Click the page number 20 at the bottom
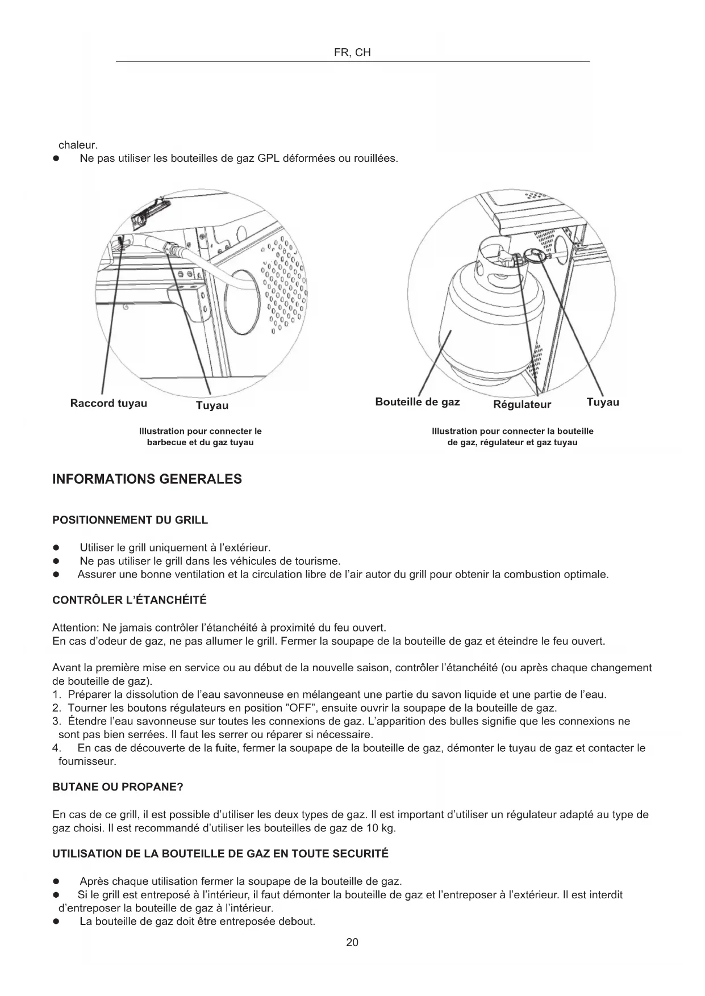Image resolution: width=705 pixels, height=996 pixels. click(352, 943)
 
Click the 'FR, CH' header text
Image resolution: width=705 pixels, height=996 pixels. click(352, 53)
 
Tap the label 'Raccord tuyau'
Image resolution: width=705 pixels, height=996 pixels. click(109, 403)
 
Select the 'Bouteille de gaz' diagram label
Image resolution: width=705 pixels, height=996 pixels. click(418, 402)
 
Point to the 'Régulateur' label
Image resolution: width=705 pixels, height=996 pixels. click(522, 404)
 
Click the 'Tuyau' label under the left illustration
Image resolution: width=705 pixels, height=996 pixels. click(212, 405)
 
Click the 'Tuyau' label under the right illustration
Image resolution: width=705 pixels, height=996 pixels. click(603, 402)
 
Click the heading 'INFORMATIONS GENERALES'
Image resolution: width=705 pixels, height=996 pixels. click(147, 479)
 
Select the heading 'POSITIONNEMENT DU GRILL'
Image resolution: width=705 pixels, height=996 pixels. click(130, 520)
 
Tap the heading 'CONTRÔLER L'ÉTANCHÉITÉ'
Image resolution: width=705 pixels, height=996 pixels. click(130, 600)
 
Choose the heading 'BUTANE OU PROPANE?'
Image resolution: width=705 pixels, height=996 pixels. click(118, 788)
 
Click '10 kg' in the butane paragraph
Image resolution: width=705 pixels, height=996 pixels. click(379, 828)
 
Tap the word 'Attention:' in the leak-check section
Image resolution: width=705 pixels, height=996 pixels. click(76, 628)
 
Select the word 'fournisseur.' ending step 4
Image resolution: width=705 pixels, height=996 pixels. click(87, 761)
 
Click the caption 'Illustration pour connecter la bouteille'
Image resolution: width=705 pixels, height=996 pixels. click(512, 431)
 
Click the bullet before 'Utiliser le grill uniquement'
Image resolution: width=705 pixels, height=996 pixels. click(56, 548)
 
